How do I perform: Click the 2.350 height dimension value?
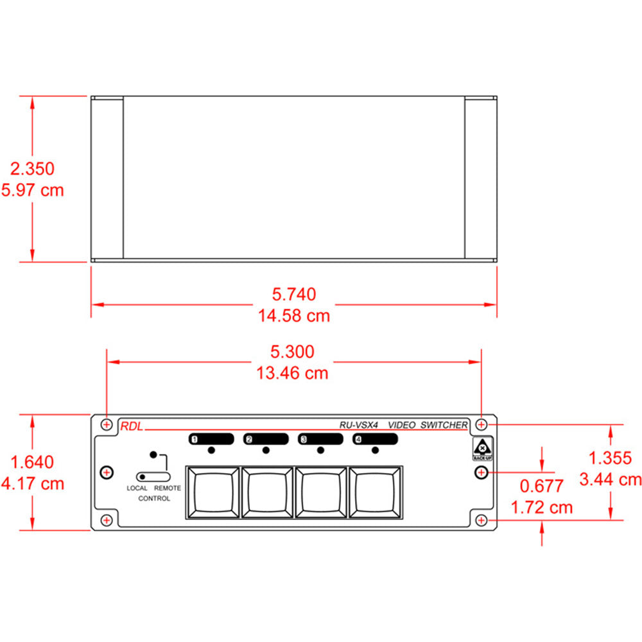click(33, 169)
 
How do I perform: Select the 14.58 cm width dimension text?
click(294, 316)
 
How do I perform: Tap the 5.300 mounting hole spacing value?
click(293, 351)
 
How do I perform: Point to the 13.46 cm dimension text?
click(293, 373)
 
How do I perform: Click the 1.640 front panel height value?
click(33, 462)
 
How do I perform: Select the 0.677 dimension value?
click(541, 486)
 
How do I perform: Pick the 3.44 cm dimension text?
click(610, 479)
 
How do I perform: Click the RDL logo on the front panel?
click(131, 424)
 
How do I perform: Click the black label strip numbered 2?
click(266, 439)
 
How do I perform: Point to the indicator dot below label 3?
click(320, 450)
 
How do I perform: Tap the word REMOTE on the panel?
click(168, 489)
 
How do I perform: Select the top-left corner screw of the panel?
click(107, 424)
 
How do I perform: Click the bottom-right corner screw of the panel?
click(481, 520)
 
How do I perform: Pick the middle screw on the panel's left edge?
click(107, 473)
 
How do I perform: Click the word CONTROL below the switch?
click(154, 499)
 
